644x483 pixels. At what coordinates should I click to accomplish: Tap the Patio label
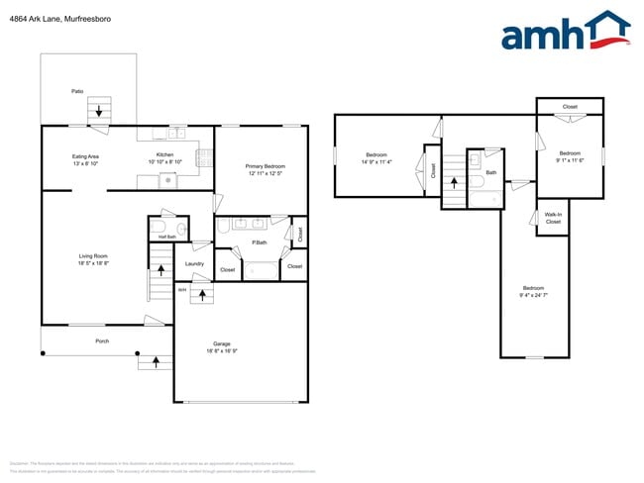coord(76,91)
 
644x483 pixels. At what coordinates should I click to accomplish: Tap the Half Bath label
coord(166,237)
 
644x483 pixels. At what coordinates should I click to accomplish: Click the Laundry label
coord(194,263)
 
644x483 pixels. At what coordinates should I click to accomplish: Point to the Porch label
coord(102,340)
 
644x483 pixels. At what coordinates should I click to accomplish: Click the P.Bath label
coord(260,242)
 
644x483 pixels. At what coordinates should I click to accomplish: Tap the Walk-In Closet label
coord(553,219)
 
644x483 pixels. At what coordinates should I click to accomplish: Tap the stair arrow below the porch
coord(156,362)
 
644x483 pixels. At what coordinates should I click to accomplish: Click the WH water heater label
coord(182,289)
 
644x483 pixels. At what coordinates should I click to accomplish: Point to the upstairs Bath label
coord(490,172)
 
